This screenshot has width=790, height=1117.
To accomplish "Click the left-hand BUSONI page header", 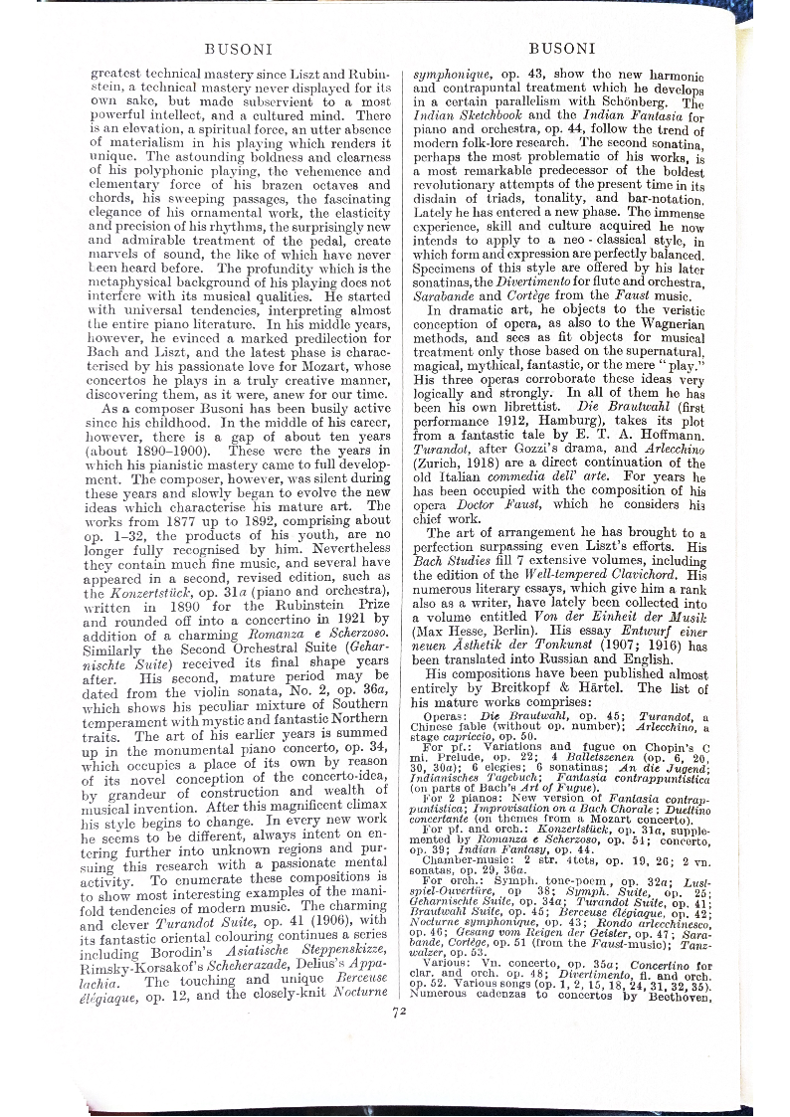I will click(231, 47).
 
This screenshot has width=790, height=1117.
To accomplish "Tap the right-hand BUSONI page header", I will click(562, 47).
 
